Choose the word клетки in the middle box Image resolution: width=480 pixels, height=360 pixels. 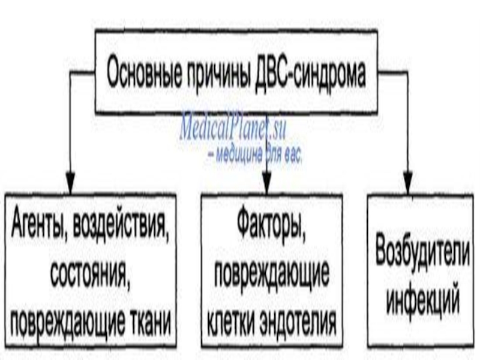click(x=232, y=323)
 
